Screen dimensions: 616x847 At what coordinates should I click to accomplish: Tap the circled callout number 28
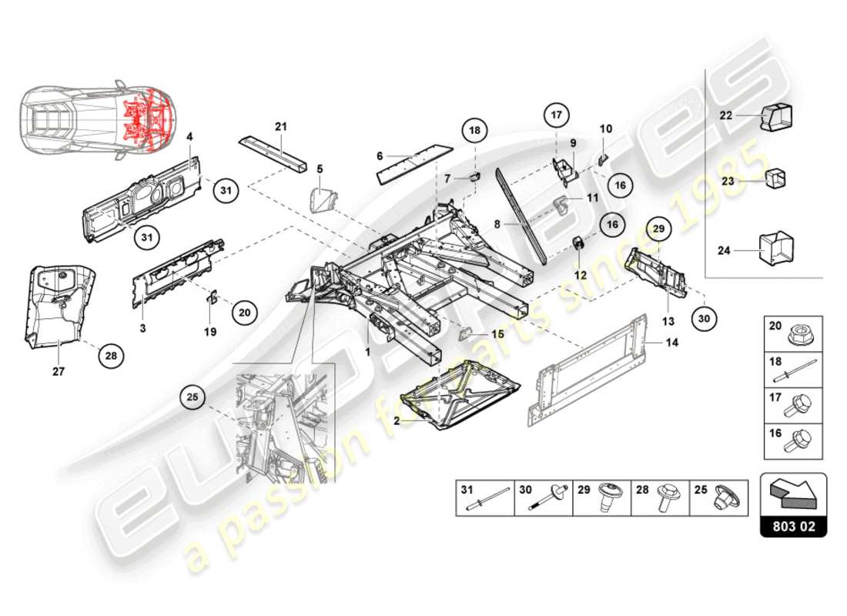pos(112,355)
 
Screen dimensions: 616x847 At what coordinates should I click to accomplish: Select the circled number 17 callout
pos(557,115)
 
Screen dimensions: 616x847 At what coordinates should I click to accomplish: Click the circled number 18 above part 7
pos(475,130)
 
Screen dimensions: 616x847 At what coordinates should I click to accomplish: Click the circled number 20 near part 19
pos(245,313)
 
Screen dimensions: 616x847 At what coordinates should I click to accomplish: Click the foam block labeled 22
pos(777,116)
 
